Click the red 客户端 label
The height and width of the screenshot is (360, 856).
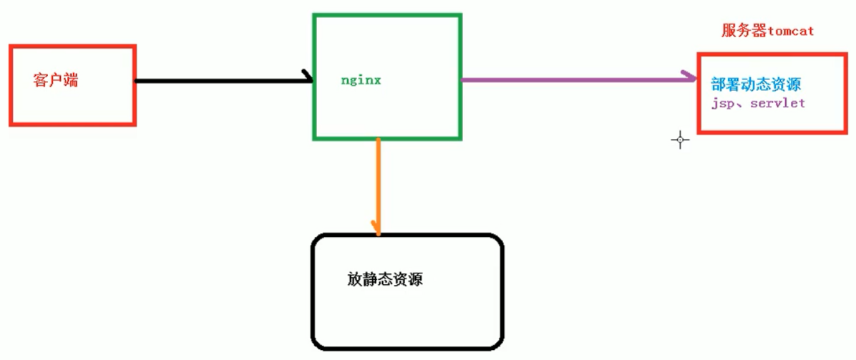[x=55, y=80]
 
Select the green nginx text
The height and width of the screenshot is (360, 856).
[x=361, y=80]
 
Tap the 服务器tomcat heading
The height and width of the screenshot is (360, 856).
[x=767, y=31]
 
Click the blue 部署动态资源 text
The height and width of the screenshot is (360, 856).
[x=754, y=84]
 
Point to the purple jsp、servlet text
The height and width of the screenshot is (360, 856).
[x=757, y=103]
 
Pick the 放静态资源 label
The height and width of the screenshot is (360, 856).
[x=385, y=279]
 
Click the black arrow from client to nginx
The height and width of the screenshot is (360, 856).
[x=222, y=80]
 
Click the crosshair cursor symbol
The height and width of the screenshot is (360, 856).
[x=680, y=140]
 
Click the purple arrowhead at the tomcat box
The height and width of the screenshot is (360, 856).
[x=691, y=78]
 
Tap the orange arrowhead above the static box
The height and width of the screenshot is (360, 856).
[x=378, y=228]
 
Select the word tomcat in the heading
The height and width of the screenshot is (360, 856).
[x=791, y=32]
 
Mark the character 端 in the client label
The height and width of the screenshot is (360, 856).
[x=70, y=80]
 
